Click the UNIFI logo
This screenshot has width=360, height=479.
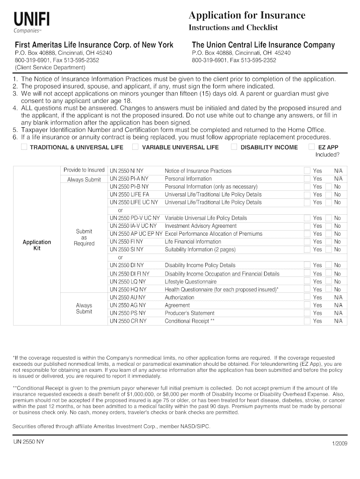31,22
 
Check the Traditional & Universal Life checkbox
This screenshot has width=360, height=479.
24,147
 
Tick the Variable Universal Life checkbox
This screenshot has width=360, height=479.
135,147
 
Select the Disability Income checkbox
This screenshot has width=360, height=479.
234,147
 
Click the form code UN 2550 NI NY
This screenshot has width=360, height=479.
126,171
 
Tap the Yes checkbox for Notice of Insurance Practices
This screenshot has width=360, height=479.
307,171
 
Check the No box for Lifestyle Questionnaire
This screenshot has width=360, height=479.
328,281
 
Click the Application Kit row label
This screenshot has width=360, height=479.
37,245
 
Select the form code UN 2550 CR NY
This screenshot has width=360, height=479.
128,321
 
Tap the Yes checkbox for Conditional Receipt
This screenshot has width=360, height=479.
307,321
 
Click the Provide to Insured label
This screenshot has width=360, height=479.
84,170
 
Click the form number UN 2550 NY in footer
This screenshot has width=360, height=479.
29,441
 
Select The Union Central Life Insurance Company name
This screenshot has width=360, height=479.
263,45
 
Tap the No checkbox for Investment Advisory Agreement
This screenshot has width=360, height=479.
328,225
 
